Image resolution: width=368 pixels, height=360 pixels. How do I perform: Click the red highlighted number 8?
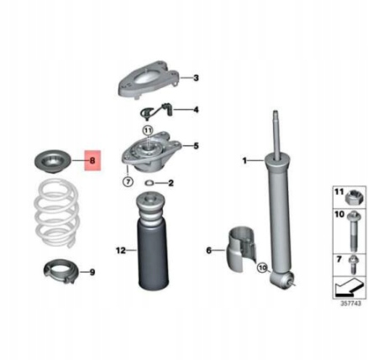(x=92, y=160)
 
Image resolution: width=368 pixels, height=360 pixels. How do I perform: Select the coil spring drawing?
(x=56, y=213)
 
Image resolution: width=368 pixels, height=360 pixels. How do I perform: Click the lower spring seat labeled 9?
(x=61, y=271)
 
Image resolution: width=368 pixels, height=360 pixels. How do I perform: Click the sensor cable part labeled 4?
(x=155, y=110)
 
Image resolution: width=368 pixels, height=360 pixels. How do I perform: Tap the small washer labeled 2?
(x=149, y=183)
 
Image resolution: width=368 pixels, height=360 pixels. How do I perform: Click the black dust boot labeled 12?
(x=152, y=242)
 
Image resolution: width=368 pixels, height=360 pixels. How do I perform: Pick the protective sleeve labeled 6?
(x=241, y=248)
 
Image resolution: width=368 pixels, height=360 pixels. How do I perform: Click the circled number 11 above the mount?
(x=148, y=130)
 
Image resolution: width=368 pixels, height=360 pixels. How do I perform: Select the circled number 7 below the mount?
(x=128, y=182)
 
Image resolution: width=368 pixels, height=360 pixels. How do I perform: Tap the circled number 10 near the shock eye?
(x=263, y=268)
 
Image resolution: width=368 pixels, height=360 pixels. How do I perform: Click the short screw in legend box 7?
(x=352, y=264)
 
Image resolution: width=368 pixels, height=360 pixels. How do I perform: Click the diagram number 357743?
(x=350, y=303)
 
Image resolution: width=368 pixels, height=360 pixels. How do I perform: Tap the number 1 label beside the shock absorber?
(x=244, y=161)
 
